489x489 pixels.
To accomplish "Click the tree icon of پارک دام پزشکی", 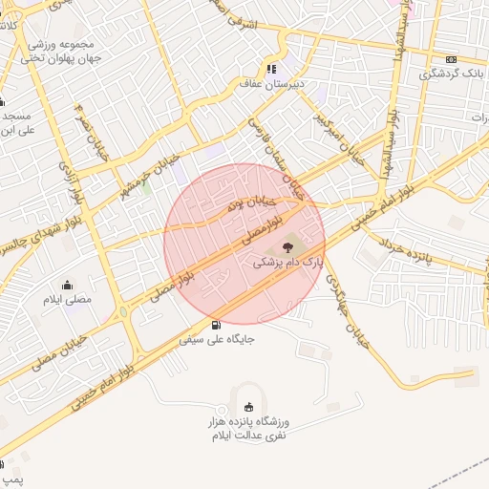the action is click(288, 248).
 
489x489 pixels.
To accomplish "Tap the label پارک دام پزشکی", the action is click(288, 261).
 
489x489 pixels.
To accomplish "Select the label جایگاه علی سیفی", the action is click(217, 338).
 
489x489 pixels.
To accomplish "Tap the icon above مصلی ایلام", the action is click(67, 285).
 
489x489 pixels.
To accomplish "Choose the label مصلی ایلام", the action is click(67, 300).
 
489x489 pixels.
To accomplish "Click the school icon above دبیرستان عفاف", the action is click(271, 70).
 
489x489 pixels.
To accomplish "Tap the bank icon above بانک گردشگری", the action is click(452, 58).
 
